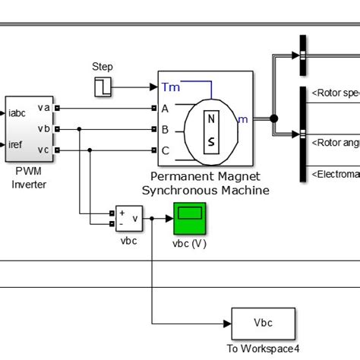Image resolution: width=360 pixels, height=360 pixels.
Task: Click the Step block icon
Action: coord(103,87)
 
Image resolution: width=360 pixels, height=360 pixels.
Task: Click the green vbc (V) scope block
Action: coord(189,219)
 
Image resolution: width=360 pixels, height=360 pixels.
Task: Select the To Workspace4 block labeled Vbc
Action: coord(263,324)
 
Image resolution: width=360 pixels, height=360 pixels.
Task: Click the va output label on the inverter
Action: coord(43,108)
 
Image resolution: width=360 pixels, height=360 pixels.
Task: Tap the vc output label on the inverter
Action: coord(43,150)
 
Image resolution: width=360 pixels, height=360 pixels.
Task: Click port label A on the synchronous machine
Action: coord(165,108)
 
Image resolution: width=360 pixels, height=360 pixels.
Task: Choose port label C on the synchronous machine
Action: coord(165,150)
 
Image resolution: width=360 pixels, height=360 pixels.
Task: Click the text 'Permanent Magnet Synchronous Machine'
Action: coord(206,184)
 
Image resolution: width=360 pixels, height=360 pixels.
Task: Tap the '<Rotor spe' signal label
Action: coord(334,93)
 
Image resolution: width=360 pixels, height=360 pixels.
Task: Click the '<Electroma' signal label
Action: coord(334,174)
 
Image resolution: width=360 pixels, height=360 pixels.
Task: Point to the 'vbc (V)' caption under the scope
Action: coord(189,243)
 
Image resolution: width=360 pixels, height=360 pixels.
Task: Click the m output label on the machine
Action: coord(243,118)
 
